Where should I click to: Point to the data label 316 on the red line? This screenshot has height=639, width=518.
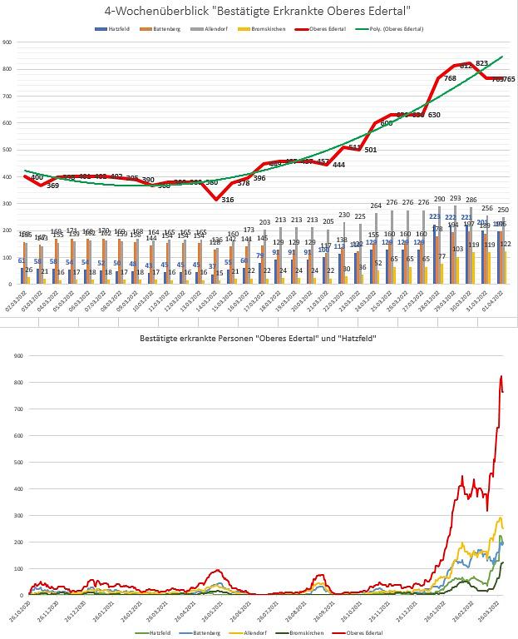tap(228, 200)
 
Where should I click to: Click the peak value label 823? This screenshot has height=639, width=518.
tap(481, 63)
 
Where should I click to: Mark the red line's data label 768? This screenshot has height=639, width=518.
tap(450, 78)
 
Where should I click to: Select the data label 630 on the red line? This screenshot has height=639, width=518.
tap(434, 115)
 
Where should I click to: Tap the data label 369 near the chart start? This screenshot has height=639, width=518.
tap(52, 186)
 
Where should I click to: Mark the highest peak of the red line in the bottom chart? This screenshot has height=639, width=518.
tap(501, 376)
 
